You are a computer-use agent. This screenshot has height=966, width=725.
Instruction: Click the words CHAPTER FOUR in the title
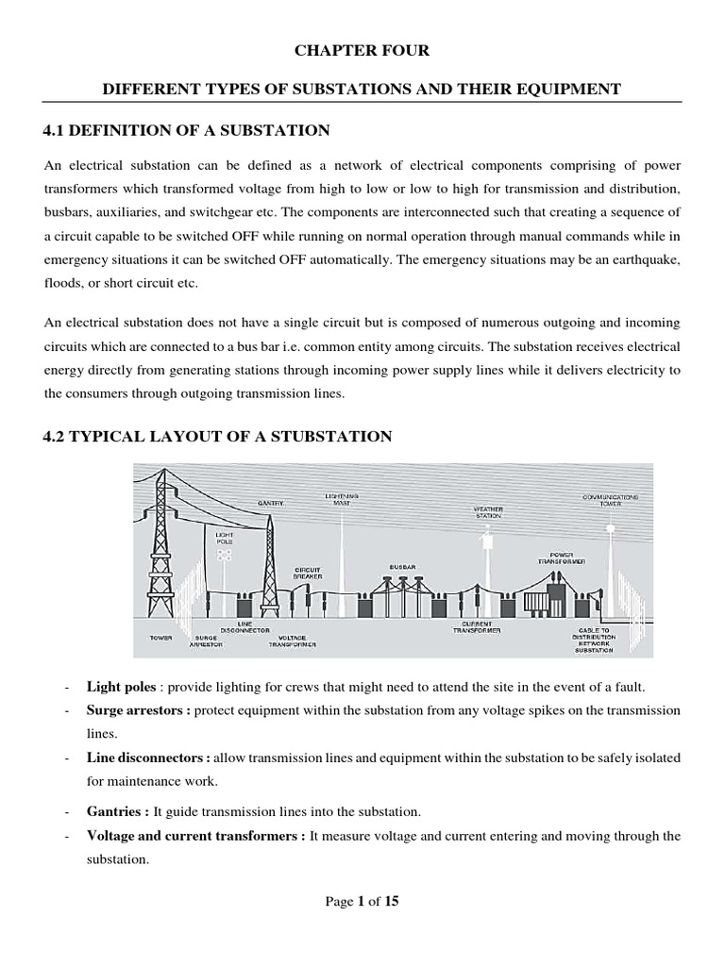pos(362,50)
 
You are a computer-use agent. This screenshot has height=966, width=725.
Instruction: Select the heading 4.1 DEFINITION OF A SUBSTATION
pos(186,129)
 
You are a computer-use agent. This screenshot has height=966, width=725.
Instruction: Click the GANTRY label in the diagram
pos(269,503)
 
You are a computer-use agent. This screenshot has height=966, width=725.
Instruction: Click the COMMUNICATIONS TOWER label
pos(611,499)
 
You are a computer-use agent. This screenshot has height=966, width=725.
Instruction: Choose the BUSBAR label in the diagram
pos(402,567)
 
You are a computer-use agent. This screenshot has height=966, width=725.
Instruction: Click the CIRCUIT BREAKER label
pos(309,573)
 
